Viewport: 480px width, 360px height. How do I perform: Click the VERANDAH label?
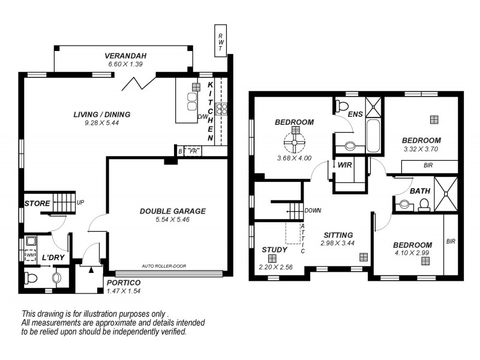(x=127, y=56)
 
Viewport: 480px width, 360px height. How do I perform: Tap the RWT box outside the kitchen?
(x=221, y=41)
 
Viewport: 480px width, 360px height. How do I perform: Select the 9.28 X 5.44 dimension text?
(x=102, y=124)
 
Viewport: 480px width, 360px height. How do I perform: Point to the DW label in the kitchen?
(x=202, y=117)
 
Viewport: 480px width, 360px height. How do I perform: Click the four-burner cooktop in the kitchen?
(x=221, y=109)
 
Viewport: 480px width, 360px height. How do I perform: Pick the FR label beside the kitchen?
(x=193, y=151)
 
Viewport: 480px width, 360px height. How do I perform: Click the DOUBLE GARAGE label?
(x=173, y=211)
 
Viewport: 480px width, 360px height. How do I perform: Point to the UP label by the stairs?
(x=80, y=203)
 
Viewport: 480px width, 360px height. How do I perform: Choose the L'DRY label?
(x=53, y=257)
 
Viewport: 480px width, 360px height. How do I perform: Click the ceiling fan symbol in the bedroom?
(x=294, y=142)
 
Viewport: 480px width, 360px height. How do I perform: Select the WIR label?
(x=344, y=164)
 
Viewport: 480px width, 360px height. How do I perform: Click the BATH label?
(x=420, y=191)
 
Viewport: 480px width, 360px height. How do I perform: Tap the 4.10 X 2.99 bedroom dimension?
(x=412, y=253)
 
